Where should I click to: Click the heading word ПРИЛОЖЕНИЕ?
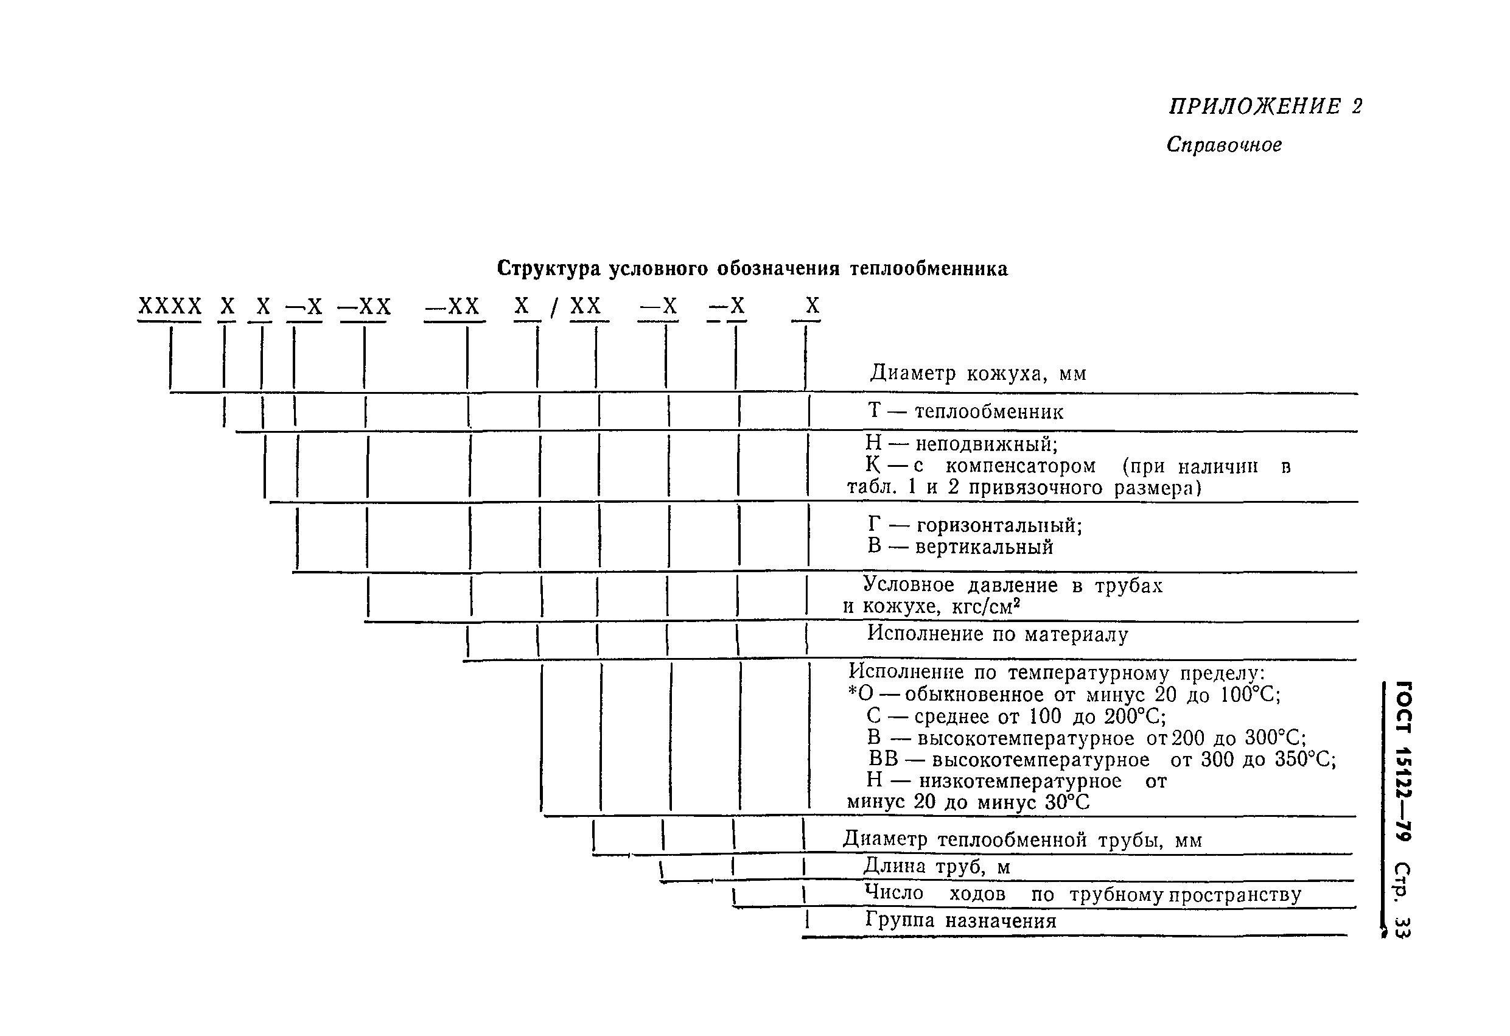[x=1254, y=106]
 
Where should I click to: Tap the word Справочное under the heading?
[x=1224, y=144]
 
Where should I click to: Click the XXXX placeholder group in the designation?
[x=170, y=306]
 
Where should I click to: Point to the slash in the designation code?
[x=554, y=308]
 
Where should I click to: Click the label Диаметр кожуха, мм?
[x=978, y=374]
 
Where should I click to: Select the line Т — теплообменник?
[x=966, y=411]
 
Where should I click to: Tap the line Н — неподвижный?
[x=962, y=444]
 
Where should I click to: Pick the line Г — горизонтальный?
[x=974, y=525]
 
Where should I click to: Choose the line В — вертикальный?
[x=960, y=547]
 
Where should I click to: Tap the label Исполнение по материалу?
[x=998, y=634]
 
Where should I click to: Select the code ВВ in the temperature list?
[x=883, y=759]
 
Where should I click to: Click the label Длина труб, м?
[x=936, y=866]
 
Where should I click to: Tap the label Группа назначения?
[x=961, y=920]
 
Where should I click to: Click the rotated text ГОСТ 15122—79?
[x=1402, y=760]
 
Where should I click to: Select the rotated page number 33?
[x=1402, y=927]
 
